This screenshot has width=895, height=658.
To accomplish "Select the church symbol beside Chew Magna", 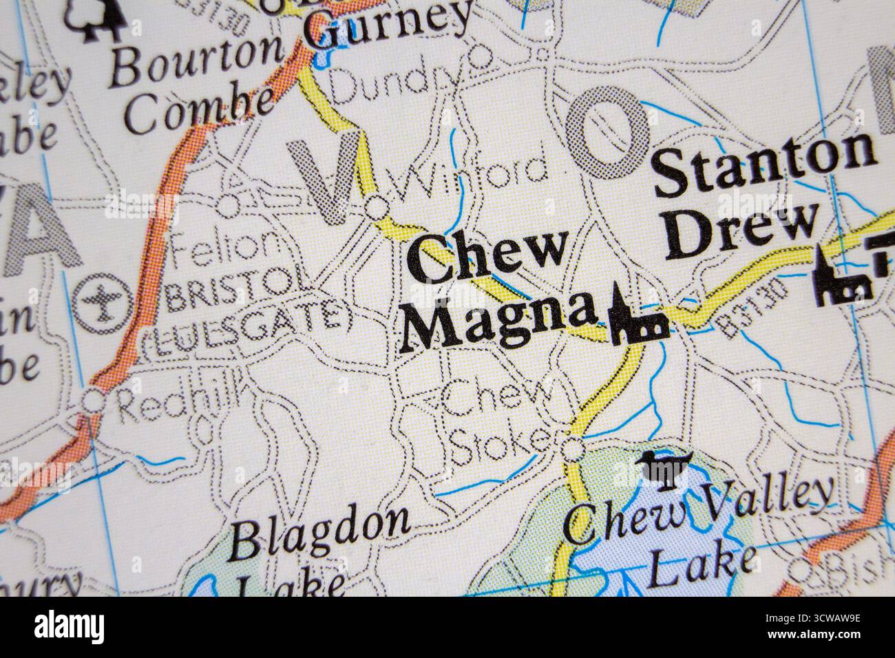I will click(637, 317).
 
